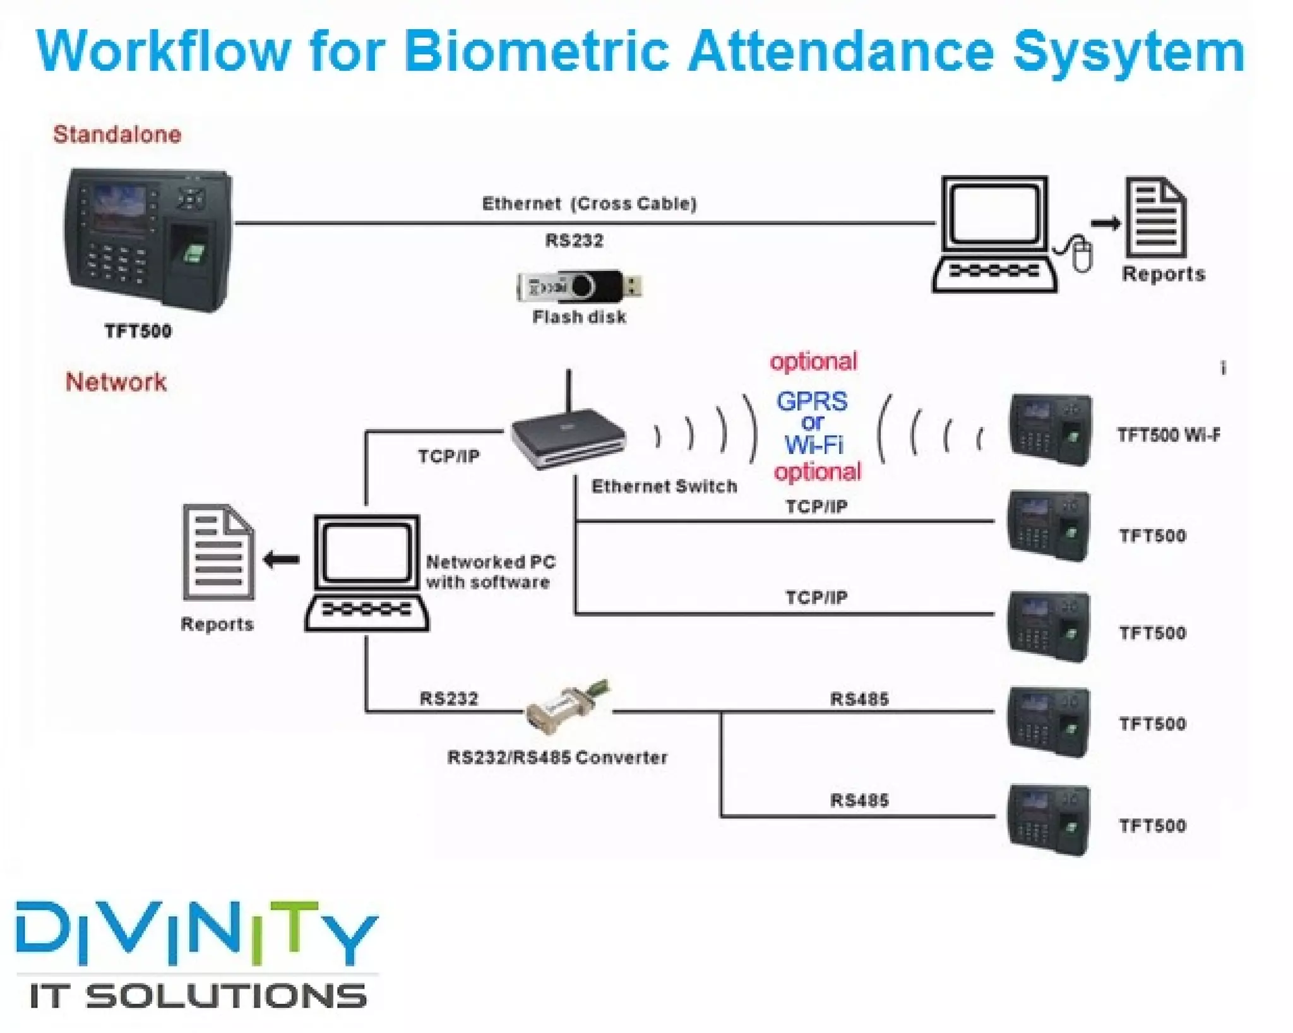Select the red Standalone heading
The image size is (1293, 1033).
coord(117,134)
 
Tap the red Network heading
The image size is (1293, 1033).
coord(116,382)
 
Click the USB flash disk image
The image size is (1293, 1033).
coord(579,287)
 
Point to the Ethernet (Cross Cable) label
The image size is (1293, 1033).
coord(589,203)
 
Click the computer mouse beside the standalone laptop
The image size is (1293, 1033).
coord(1081,254)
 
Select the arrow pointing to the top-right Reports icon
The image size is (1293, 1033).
coord(1105,222)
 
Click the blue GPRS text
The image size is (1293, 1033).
coord(812,401)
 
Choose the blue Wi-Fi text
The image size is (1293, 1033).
coord(814,445)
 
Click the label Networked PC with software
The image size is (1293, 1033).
coord(490,571)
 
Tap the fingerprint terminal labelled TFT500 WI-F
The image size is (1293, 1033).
coord(1050,429)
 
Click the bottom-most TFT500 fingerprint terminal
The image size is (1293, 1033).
coord(1049,820)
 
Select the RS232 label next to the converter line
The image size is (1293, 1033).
coord(449,698)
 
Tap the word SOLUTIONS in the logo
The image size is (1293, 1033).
coord(225,996)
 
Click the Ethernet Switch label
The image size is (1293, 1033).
coord(664,486)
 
